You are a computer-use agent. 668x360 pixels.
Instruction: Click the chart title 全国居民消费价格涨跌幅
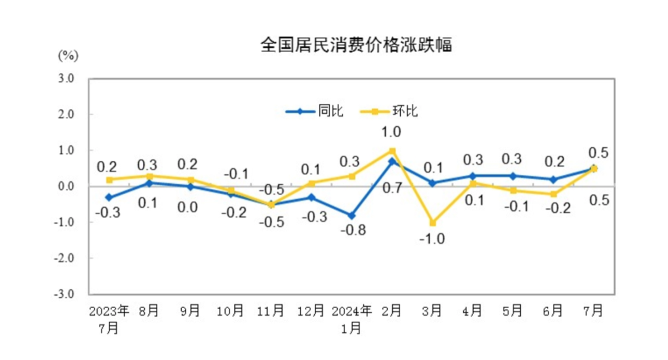(356, 45)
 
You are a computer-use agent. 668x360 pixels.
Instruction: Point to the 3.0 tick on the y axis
(66, 79)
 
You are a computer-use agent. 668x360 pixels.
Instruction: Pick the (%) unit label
(67, 55)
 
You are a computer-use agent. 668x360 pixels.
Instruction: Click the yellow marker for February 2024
(392, 150)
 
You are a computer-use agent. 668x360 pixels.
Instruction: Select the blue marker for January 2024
(351, 216)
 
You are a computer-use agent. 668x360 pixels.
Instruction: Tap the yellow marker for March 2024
(432, 223)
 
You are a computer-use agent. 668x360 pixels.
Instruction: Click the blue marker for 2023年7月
(109, 197)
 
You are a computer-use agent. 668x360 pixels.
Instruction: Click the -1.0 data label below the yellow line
(432, 239)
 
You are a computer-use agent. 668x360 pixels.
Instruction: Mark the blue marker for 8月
(150, 183)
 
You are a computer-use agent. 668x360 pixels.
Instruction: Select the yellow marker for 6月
(554, 194)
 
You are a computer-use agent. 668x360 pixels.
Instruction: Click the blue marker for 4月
(473, 176)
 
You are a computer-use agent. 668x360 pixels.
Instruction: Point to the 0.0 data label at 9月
(189, 208)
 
